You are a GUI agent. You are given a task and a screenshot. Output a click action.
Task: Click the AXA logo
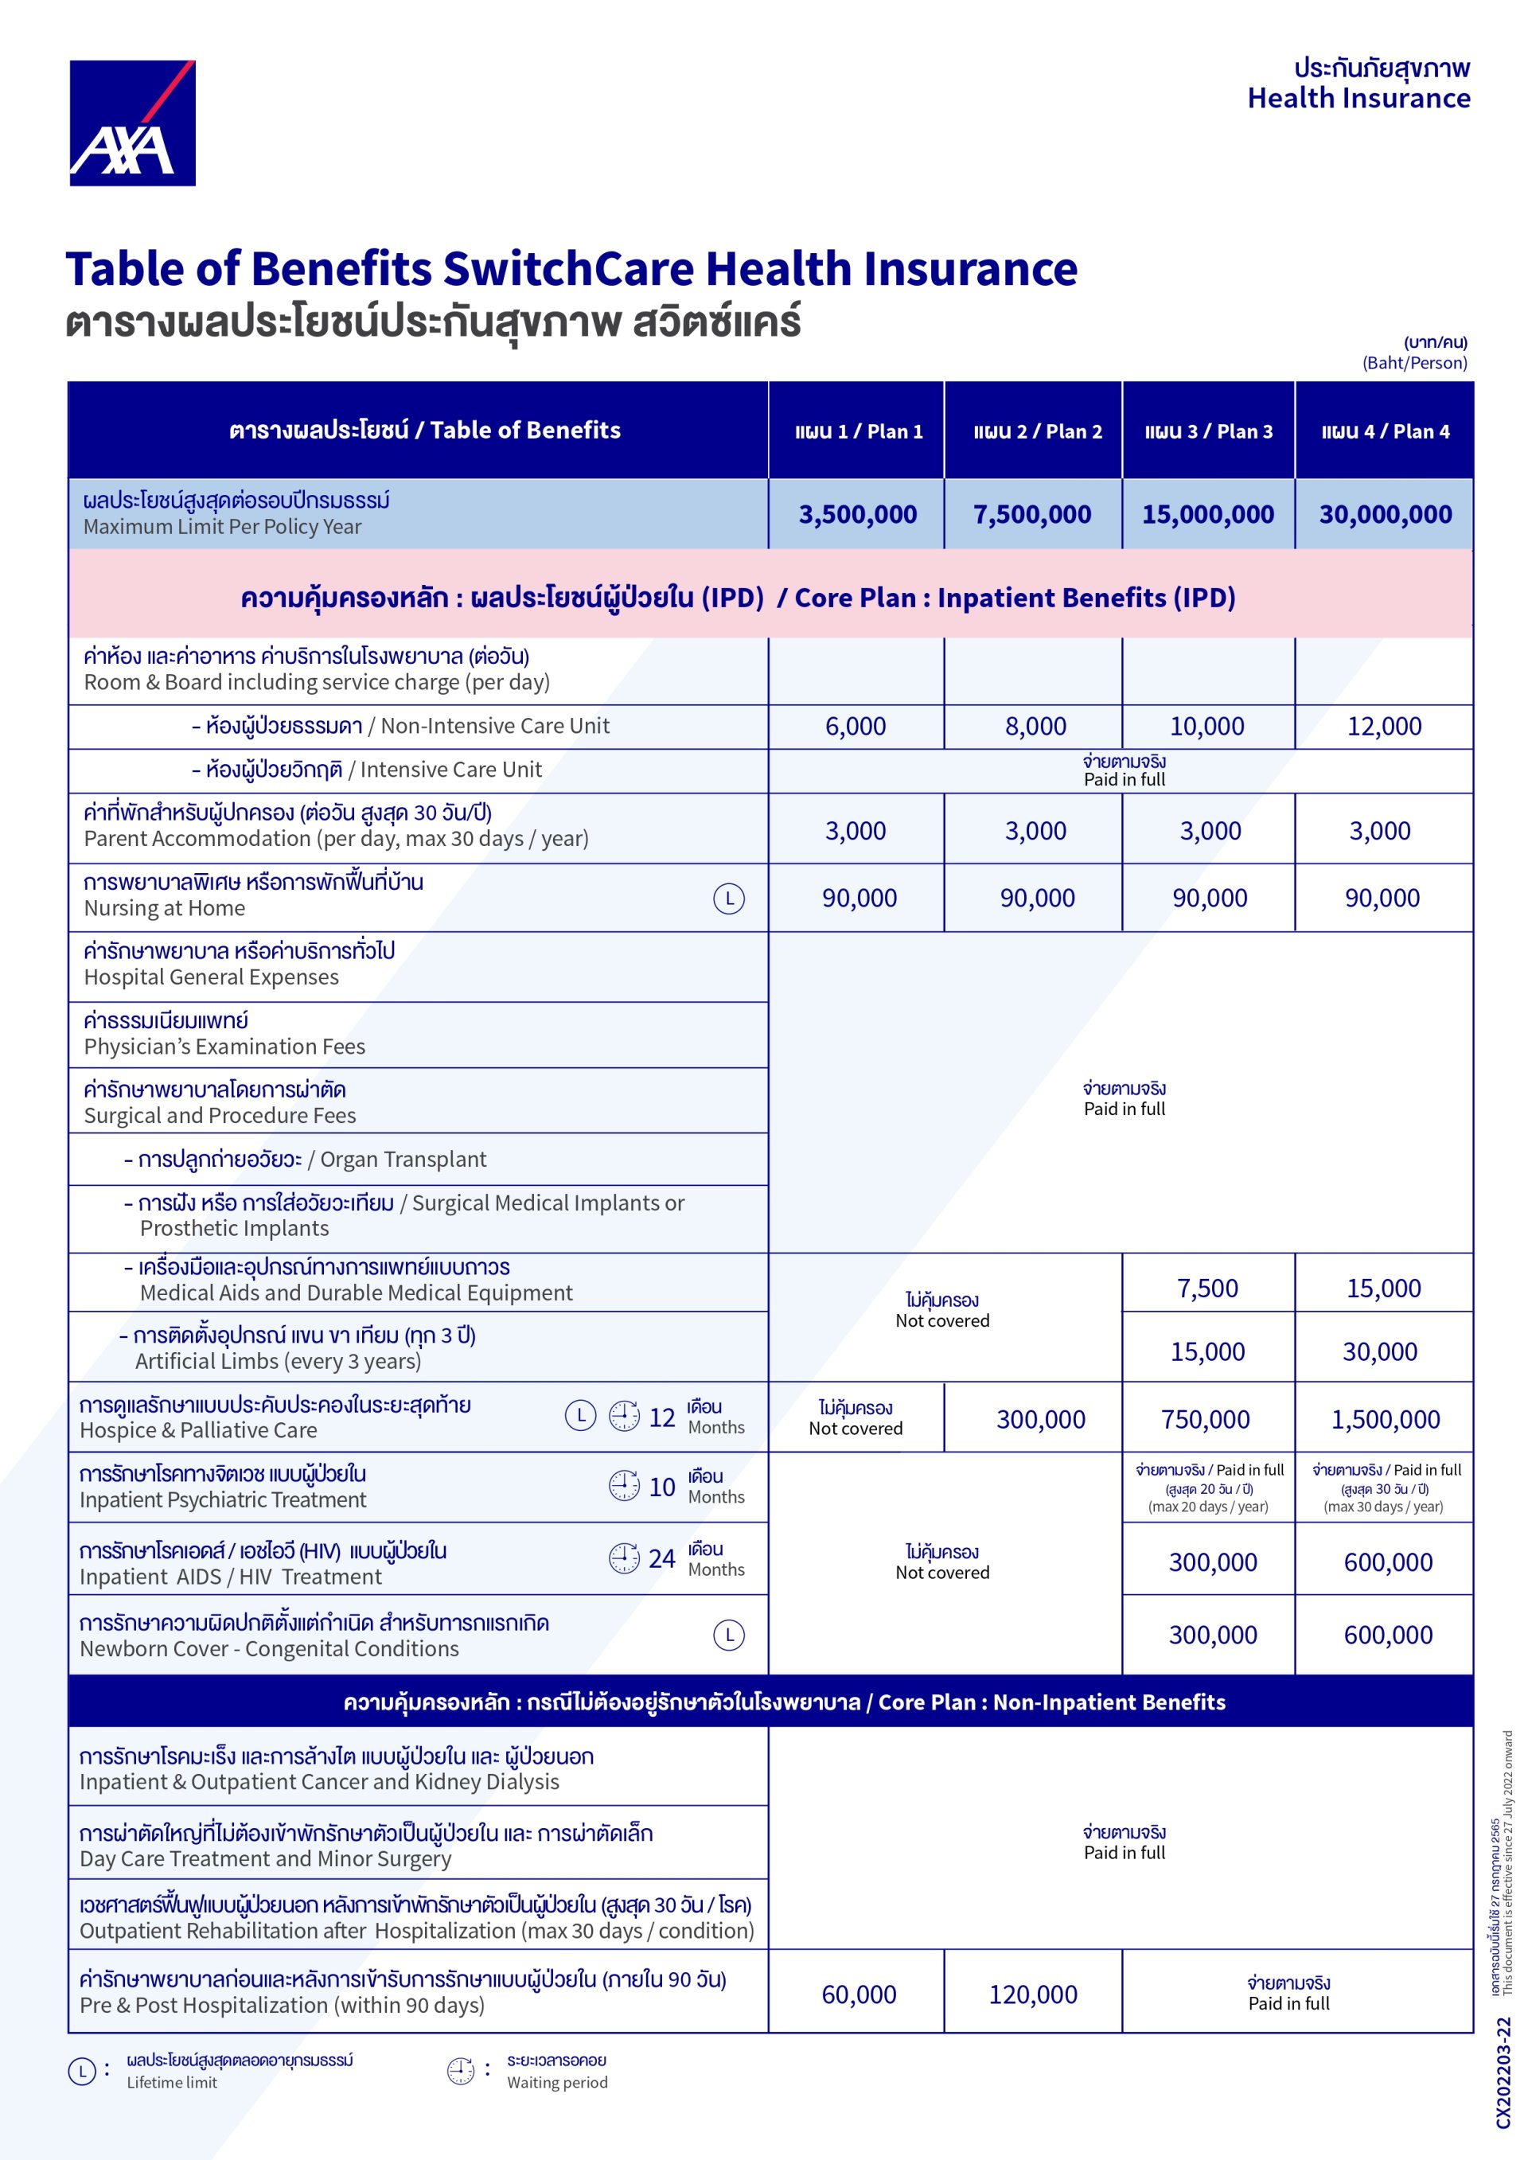click(132, 123)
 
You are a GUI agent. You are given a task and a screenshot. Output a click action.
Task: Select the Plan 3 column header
click(1208, 432)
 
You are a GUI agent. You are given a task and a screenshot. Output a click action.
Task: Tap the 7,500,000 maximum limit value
click(1032, 515)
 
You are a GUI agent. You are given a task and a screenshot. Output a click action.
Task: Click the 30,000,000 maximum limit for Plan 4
click(1385, 515)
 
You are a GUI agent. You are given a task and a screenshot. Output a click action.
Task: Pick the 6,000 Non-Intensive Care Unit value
click(856, 727)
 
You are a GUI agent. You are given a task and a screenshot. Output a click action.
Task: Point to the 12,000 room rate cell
click(1384, 727)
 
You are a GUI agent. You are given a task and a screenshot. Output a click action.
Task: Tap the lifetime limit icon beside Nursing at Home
click(728, 899)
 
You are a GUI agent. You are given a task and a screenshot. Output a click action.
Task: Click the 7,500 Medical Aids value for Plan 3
click(1207, 1288)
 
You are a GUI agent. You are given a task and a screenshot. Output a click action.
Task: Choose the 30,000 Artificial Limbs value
click(1379, 1352)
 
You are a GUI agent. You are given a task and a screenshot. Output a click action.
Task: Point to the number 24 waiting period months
click(661, 1559)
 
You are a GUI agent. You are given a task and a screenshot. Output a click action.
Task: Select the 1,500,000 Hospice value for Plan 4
click(1385, 1420)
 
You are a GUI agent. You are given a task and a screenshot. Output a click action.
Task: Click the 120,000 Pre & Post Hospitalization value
click(1032, 1994)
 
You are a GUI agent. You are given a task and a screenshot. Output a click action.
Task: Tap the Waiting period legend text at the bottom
click(557, 2082)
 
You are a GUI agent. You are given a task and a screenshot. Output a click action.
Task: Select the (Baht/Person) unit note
click(1414, 363)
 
